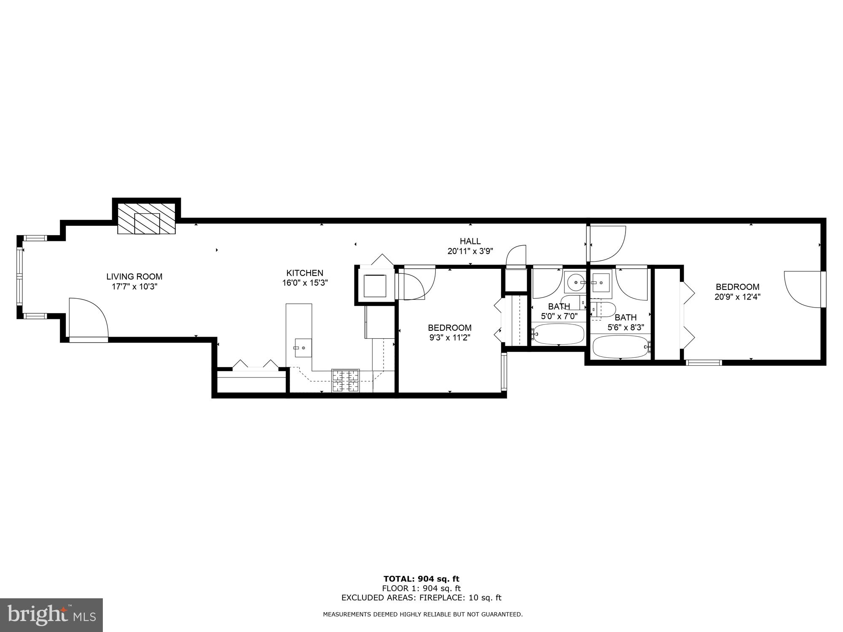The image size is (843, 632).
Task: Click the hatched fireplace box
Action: [x=146, y=219]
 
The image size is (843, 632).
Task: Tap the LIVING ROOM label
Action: [x=134, y=277]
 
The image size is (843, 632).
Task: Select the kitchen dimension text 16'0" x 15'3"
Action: [x=305, y=283]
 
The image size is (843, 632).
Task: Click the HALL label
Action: [x=470, y=241]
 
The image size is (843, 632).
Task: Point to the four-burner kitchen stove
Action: [x=346, y=380]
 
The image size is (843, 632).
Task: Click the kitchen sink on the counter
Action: [x=303, y=348]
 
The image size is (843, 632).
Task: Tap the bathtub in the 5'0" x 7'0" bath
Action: [x=558, y=334]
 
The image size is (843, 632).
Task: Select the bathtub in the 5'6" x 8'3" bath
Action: [x=621, y=347]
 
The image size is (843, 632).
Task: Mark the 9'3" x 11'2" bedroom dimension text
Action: [x=449, y=337]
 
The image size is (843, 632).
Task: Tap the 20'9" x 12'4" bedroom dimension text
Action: [x=737, y=297]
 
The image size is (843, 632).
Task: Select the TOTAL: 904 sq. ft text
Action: [x=421, y=579]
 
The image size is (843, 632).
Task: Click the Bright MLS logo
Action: [x=51, y=615]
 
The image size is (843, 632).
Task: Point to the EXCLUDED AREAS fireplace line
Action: [x=421, y=597]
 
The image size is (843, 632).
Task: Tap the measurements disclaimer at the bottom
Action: [x=422, y=614]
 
